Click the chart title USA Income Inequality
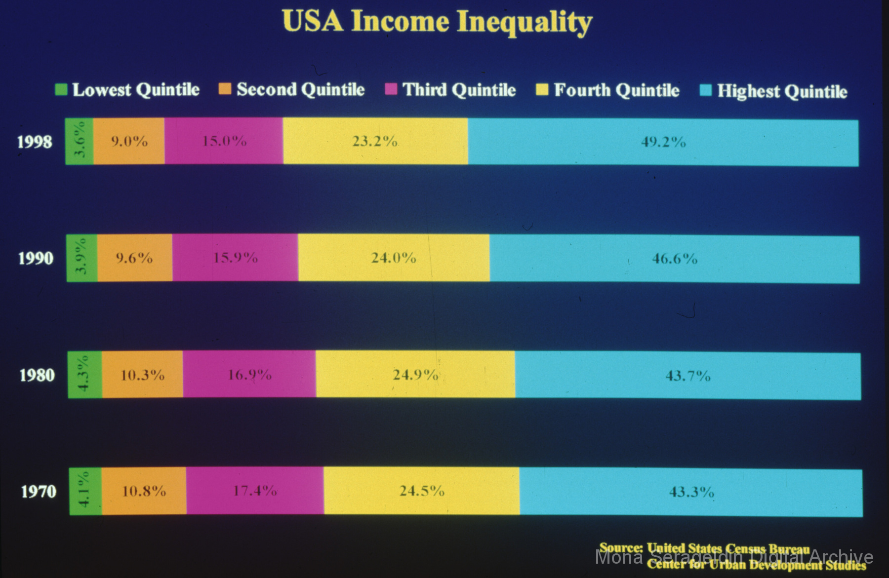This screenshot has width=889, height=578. pos(437,22)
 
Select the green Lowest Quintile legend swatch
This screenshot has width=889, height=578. pos(61,90)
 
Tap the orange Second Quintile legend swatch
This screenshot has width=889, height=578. pos(225,89)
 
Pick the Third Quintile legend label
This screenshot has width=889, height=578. pos(459,90)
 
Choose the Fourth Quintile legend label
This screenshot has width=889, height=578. pos(616,90)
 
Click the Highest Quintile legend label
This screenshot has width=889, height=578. pos(782,91)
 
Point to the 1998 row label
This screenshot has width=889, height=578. pos(35,142)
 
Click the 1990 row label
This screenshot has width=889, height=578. pos(36,258)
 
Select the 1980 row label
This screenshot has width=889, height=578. pos(37,375)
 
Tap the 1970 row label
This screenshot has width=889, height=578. pos(38,492)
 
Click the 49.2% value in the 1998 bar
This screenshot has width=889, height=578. pos(663,142)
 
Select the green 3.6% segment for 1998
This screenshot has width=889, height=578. pos(80,141)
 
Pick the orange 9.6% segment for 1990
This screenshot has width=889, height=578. pos(134,258)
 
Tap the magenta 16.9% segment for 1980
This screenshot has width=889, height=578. pos(249,375)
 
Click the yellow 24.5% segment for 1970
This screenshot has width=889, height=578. pos(421,491)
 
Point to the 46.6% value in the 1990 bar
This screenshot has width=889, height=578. pos(675,259)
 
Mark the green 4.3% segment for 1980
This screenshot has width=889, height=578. pos(85,375)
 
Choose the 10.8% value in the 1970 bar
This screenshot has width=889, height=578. pos(144,491)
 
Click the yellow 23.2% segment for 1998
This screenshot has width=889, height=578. pos(375,142)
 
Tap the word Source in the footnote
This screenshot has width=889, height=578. pos(621,547)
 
